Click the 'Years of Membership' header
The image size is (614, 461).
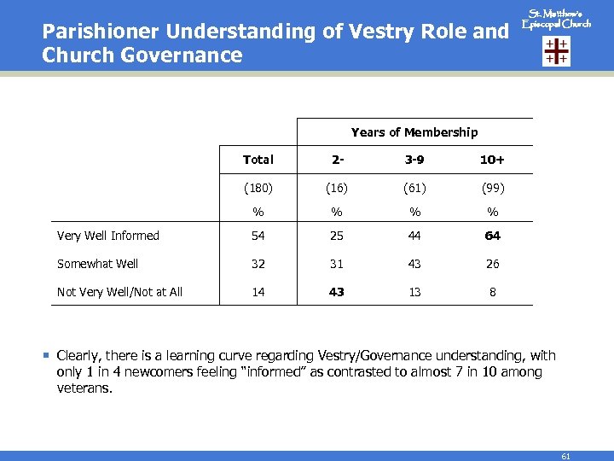(x=414, y=132)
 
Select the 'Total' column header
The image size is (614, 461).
(x=258, y=160)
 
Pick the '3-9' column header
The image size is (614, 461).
(x=414, y=160)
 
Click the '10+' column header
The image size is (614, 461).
(x=493, y=160)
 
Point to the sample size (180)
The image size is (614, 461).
(x=258, y=186)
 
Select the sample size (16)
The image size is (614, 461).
(x=337, y=186)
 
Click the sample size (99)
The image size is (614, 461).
(x=493, y=186)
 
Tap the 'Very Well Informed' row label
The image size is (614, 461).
(x=108, y=236)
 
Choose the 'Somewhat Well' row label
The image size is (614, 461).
(x=97, y=264)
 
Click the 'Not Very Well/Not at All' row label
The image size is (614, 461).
(x=119, y=292)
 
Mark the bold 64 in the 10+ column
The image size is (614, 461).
(x=493, y=236)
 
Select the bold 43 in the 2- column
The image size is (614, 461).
(x=337, y=292)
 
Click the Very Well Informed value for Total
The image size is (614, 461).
(x=258, y=236)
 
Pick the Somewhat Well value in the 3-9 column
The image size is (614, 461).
(x=414, y=264)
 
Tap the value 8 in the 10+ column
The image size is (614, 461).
(x=493, y=292)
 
